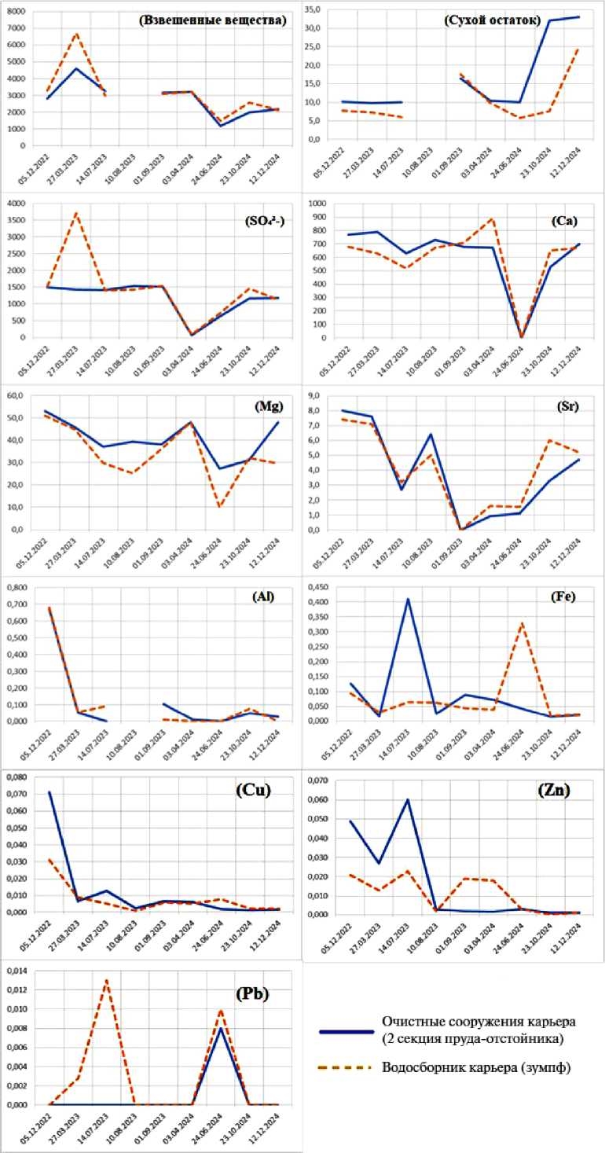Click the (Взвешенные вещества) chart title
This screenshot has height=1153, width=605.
[x=211, y=21]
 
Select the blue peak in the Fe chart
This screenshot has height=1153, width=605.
[x=408, y=599]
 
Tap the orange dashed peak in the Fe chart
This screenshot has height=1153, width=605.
[x=521, y=623]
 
